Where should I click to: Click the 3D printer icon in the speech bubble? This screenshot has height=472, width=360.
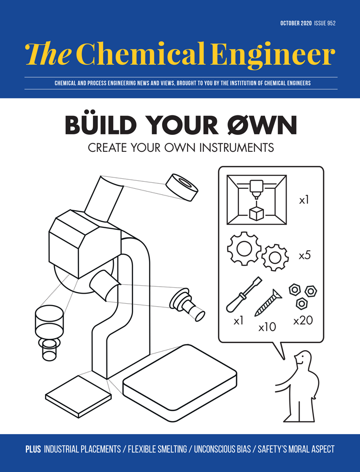pos(256,199)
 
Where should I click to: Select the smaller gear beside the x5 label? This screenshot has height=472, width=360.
pos(275,257)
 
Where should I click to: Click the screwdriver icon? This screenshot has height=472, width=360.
pos(243,295)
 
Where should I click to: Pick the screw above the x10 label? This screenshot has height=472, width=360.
pos(268,303)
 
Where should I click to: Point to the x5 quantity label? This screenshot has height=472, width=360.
pos(304,255)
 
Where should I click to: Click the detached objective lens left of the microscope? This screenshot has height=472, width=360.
pos(48,330)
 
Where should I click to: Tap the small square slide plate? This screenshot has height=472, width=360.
pos(78,395)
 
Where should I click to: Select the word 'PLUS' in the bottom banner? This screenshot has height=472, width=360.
pos(33,450)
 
